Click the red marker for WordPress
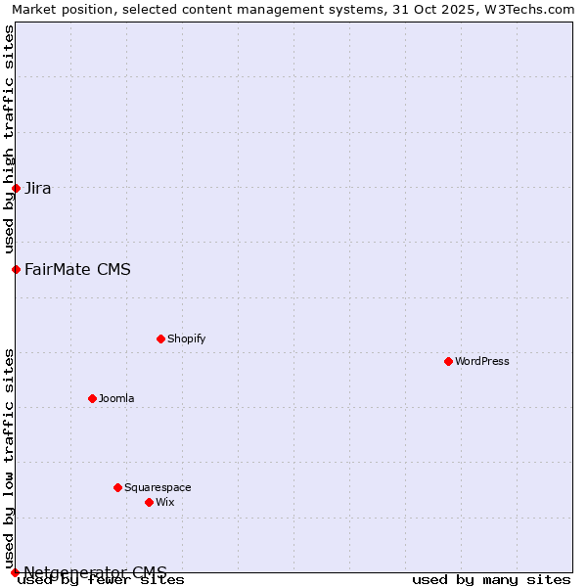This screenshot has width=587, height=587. [448, 361]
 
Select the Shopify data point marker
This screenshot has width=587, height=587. [160, 339]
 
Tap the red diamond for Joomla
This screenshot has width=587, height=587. [92, 398]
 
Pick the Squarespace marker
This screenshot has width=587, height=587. [117, 487]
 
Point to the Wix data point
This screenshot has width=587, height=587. [149, 502]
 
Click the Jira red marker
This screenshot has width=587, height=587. [16, 188]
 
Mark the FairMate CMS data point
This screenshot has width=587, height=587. [16, 269]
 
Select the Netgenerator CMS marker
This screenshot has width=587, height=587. [15, 572]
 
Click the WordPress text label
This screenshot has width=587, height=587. [482, 361]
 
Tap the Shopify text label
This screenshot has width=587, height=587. [186, 339]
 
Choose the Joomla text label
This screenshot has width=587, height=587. [116, 398]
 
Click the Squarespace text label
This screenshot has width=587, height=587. [158, 487]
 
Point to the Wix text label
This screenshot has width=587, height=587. [164, 502]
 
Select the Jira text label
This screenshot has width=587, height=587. [38, 189]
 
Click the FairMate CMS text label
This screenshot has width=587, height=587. [77, 269]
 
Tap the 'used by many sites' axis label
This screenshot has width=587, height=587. [491, 579]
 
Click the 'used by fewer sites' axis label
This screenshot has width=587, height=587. [101, 579]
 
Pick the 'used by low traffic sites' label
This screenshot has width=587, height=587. [9, 458]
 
